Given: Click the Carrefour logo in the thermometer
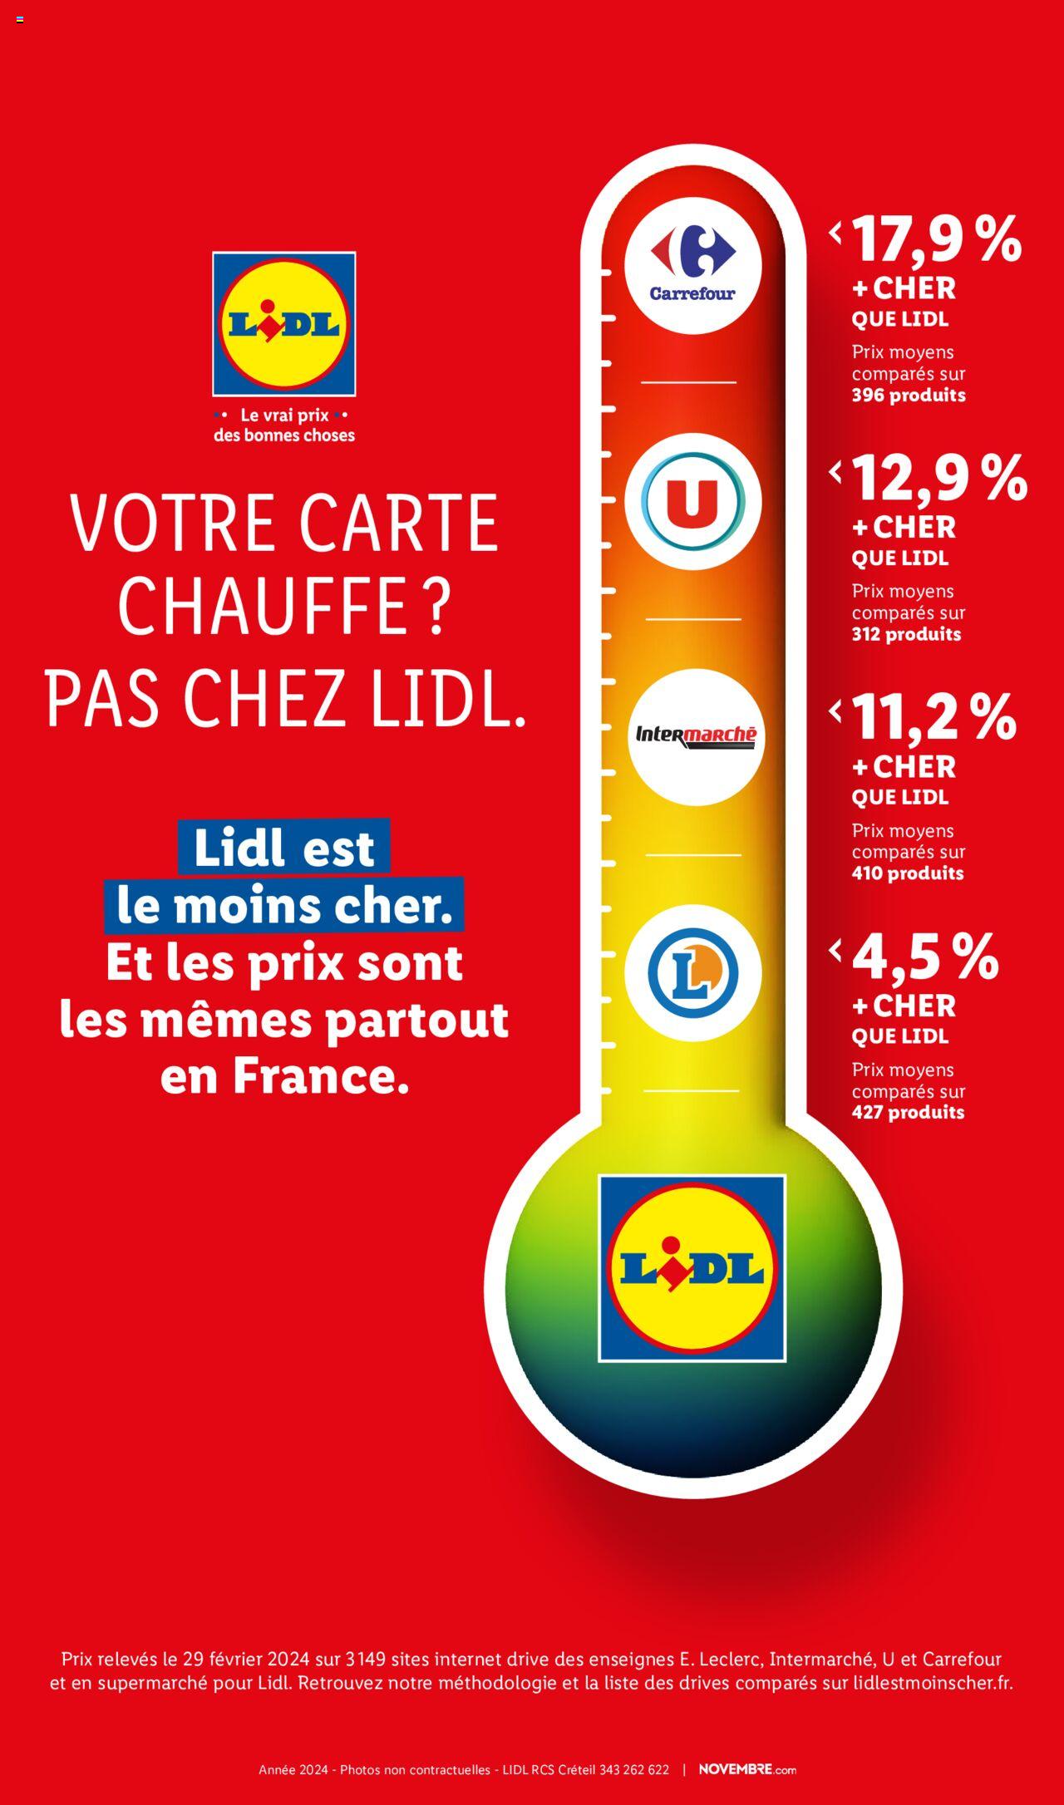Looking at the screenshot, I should click(692, 266).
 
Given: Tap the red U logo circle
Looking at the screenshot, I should click(692, 501).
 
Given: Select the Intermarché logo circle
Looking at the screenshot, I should click(696, 736).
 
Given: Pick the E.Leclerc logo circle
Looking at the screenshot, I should click(692, 973).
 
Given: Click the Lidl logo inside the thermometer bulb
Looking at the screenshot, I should click(692, 1268).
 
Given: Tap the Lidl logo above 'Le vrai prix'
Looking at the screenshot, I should click(284, 324).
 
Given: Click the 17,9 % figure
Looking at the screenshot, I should click(937, 239).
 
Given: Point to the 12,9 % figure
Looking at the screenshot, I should click(939, 479).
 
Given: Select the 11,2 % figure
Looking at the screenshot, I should click(933, 718).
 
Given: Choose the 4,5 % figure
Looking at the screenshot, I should click(925, 957).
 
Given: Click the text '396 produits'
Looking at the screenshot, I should click(909, 396).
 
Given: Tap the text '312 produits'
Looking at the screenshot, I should click(906, 635).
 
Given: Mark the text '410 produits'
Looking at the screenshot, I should click(908, 873).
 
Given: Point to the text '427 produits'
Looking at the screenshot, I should click(908, 1113).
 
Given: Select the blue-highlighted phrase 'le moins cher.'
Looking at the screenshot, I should click(284, 906).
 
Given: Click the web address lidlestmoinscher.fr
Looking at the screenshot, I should click(933, 1684).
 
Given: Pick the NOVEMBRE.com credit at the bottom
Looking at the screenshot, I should click(747, 1769).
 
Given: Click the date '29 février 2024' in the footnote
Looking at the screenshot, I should click(247, 1660).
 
